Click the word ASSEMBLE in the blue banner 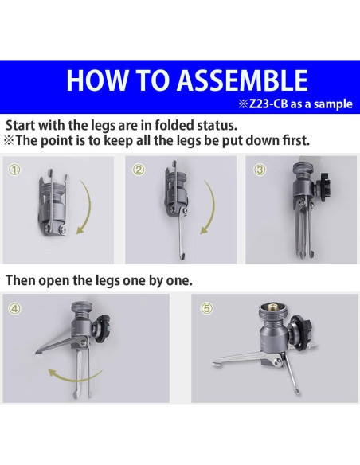(242, 80)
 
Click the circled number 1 (15, 170)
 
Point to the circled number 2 (139, 170)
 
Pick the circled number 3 (260, 170)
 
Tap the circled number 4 (15, 309)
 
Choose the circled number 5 (207, 308)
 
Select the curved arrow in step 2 (212, 208)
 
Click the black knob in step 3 (322, 182)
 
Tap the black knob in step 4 (102, 327)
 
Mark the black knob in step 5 (300, 331)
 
